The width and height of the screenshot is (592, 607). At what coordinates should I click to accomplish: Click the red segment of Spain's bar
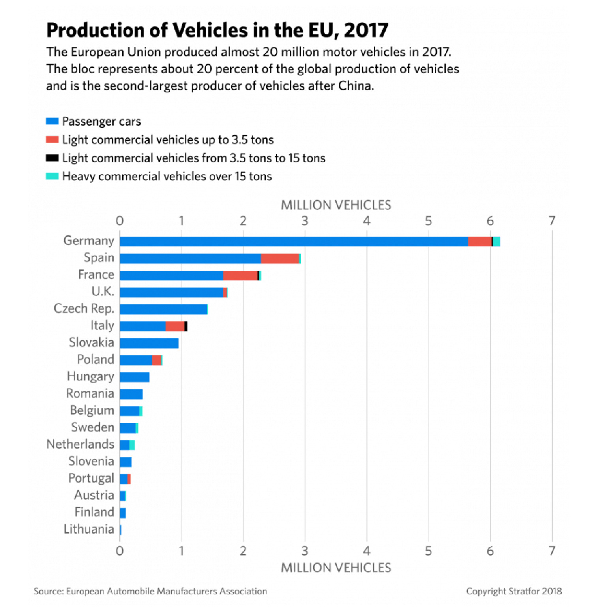click(280, 258)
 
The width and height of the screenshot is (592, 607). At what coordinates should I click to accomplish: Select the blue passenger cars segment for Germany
click(294, 241)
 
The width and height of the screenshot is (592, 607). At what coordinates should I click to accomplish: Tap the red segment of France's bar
click(240, 275)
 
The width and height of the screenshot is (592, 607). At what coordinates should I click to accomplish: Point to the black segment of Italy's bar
click(186, 326)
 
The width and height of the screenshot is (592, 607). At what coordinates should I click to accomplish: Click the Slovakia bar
click(149, 343)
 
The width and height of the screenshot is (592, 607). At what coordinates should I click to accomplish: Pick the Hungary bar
click(134, 377)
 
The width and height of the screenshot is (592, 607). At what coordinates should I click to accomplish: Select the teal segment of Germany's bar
click(496, 241)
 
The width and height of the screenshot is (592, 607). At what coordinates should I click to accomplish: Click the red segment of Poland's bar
click(157, 360)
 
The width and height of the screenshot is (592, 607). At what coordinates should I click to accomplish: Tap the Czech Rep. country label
click(84, 308)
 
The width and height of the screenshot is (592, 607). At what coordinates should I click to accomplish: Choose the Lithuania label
click(89, 529)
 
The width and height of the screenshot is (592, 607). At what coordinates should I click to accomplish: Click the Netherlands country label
click(80, 444)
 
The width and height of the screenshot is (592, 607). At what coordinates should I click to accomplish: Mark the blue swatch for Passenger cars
click(52, 121)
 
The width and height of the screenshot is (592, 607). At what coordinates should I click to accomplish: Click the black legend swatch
click(52, 158)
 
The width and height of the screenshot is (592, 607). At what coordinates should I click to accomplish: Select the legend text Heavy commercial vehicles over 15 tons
click(167, 176)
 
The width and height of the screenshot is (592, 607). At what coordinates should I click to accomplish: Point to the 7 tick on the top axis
click(552, 221)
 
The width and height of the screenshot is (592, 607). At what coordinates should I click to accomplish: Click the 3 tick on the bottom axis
click(305, 551)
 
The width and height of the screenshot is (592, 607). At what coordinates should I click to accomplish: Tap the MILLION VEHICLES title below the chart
click(336, 568)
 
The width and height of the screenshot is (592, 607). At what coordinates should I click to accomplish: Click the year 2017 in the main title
click(366, 30)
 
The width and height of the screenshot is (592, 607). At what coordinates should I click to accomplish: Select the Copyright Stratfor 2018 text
click(514, 591)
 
